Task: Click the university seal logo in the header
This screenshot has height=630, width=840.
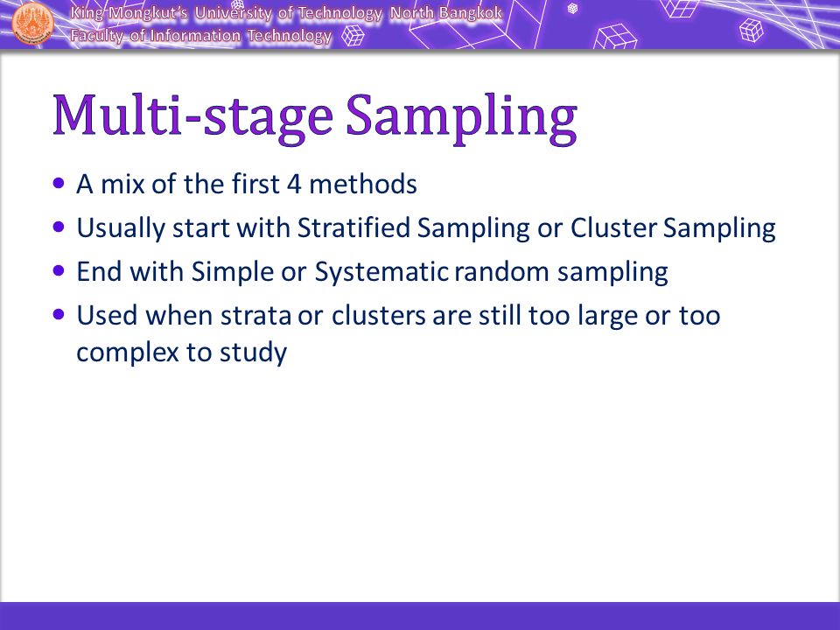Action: pyautogui.click(x=32, y=23)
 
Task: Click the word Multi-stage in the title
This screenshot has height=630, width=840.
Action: pyautogui.click(x=192, y=116)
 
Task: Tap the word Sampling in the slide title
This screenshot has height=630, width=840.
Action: pyautogui.click(x=461, y=118)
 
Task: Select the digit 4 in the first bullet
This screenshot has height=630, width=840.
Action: pyautogui.click(x=294, y=185)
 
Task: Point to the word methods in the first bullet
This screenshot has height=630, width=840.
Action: pyautogui.click(x=363, y=184)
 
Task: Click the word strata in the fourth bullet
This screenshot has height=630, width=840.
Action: pyautogui.click(x=255, y=316)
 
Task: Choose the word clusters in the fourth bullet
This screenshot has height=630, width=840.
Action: pyautogui.click(x=378, y=315)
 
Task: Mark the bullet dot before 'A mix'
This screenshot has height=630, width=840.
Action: pyautogui.click(x=59, y=184)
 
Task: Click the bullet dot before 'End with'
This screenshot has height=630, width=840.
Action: pyautogui.click(x=59, y=271)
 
